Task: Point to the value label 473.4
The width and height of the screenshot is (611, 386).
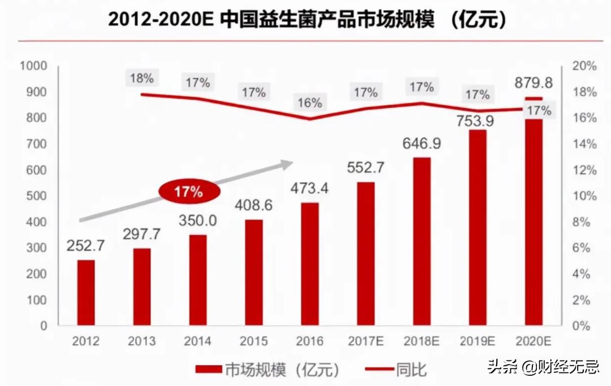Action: [309, 188]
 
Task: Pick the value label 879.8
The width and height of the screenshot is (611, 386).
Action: [533, 84]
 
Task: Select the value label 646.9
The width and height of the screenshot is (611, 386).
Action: [421, 144]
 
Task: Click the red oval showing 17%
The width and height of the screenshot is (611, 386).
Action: [188, 192]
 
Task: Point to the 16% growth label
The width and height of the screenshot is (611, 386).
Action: [309, 103]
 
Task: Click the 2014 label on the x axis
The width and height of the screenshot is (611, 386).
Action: [197, 341]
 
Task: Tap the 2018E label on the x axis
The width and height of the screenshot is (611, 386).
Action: [421, 341]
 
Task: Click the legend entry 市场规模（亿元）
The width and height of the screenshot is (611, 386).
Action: [266, 370]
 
